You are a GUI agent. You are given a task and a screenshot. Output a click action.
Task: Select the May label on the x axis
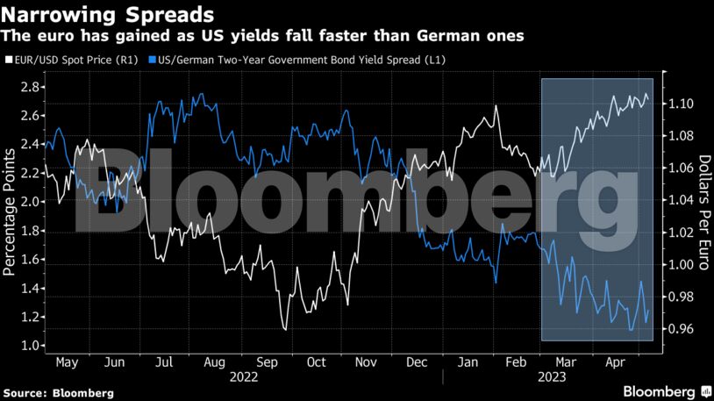pyautogui.click(x=67, y=362)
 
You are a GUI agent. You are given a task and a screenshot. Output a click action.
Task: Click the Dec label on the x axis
pyautogui.click(x=417, y=362)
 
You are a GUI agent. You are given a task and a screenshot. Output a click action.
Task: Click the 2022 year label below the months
pyautogui.click(x=244, y=376)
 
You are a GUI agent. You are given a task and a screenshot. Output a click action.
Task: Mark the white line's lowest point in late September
pyautogui.click(x=285, y=330)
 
